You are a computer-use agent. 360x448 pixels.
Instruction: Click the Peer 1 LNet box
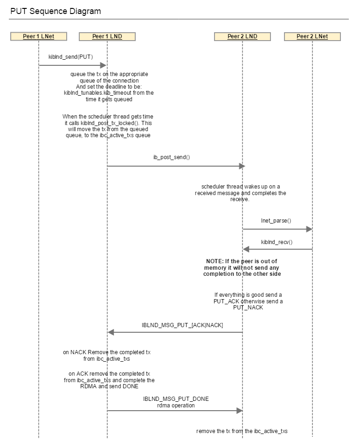[x=39, y=36]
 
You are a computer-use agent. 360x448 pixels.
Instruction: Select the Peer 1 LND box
[x=107, y=36]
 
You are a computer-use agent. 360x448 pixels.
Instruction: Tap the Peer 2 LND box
[x=242, y=36]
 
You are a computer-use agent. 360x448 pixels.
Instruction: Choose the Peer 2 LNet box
[x=312, y=36]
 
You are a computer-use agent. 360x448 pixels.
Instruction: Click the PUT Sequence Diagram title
[x=55, y=11]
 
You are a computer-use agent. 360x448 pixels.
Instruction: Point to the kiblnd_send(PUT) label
[x=70, y=57]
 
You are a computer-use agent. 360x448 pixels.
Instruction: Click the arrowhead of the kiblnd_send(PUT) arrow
[x=104, y=65]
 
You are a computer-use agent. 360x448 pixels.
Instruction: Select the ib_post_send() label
[x=172, y=157]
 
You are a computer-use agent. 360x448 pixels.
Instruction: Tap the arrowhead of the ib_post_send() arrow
[x=242, y=166]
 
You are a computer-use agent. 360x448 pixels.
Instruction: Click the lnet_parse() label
[x=276, y=221]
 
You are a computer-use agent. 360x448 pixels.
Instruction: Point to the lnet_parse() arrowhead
[x=309, y=229]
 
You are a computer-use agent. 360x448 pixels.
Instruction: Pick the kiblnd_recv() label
[x=277, y=242]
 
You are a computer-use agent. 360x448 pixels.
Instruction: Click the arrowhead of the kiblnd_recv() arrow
[x=246, y=249]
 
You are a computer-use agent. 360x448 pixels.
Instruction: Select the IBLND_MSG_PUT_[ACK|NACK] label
[x=182, y=325]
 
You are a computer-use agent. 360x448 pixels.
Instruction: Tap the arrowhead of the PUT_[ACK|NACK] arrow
[x=111, y=332]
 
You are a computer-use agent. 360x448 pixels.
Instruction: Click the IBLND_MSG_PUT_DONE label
[x=176, y=399]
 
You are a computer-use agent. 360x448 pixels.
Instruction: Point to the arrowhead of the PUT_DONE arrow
[x=239, y=411]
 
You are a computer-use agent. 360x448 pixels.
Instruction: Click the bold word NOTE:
[x=215, y=261]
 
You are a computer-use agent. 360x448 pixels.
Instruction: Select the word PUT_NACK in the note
[x=248, y=308]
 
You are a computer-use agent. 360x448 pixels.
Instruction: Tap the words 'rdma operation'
[x=176, y=406]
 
